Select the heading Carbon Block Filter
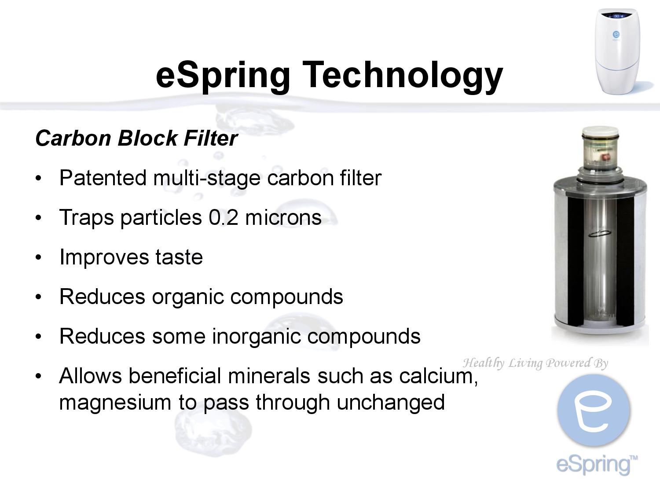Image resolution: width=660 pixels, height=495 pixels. coord(136,138)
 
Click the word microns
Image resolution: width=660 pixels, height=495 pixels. coord(283,217)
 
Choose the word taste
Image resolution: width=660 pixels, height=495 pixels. coord(179,257)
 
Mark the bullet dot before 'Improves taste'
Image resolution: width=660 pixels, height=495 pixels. coord(39,257)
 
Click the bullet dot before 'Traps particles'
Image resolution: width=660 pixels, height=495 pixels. coord(39,218)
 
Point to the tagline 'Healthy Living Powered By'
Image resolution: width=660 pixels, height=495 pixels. coord(535,363)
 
